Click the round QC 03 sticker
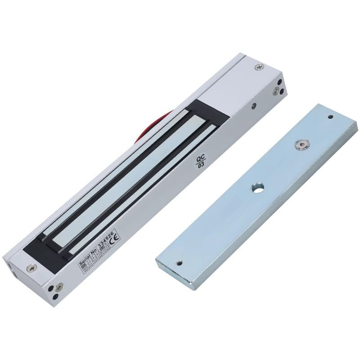pyautogui.click(x=200, y=162)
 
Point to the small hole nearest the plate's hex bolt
pyautogui.click(x=330, y=117)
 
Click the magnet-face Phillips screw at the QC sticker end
pyautogui.click(x=260, y=66)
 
